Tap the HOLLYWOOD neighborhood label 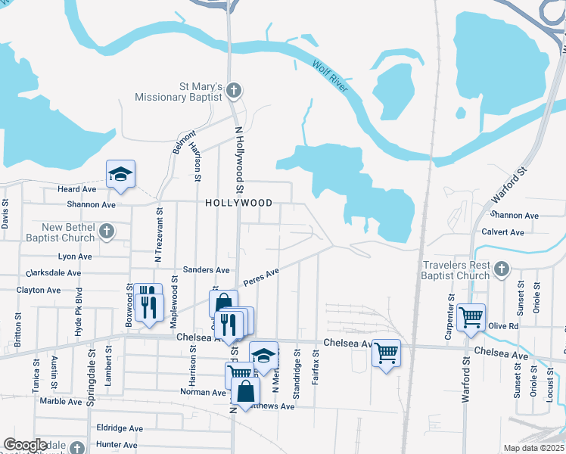238,204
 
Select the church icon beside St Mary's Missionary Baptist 234,92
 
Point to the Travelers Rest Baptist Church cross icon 500,269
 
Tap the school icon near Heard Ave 120,176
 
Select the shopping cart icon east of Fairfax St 386,352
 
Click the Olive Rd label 502,326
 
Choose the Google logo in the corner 25,445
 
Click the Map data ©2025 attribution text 533,448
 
